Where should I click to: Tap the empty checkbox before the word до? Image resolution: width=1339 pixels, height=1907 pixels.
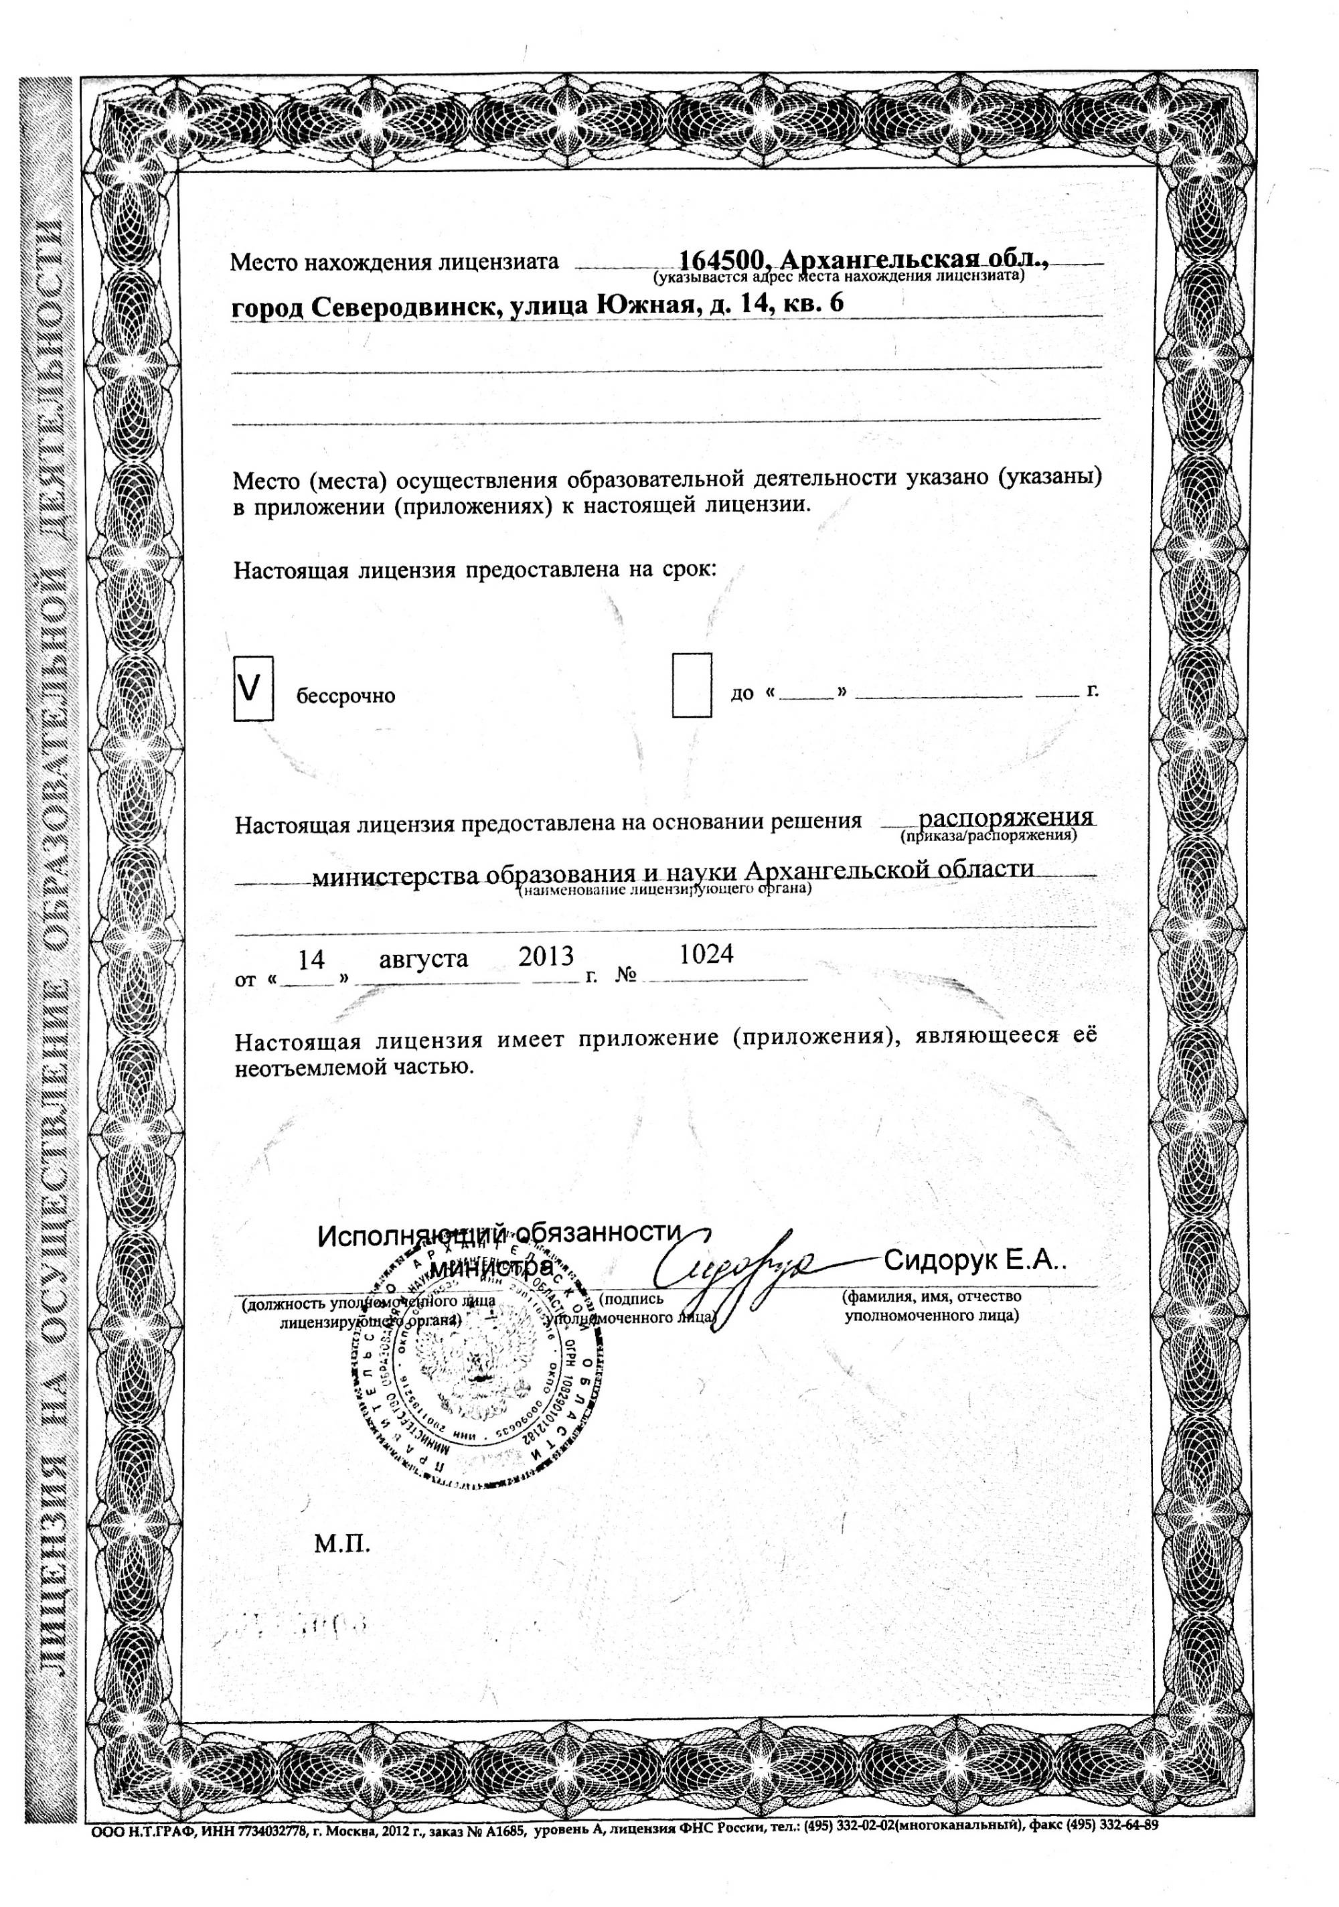[691, 684]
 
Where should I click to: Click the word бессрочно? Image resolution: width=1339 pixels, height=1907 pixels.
[345, 696]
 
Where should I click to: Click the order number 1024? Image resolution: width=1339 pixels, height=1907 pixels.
[706, 954]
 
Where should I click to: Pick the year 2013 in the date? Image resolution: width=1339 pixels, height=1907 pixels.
[546, 957]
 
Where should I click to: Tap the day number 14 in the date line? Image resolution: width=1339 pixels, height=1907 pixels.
[311, 960]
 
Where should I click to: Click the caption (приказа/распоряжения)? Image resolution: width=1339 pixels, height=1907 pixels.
[988, 836]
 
